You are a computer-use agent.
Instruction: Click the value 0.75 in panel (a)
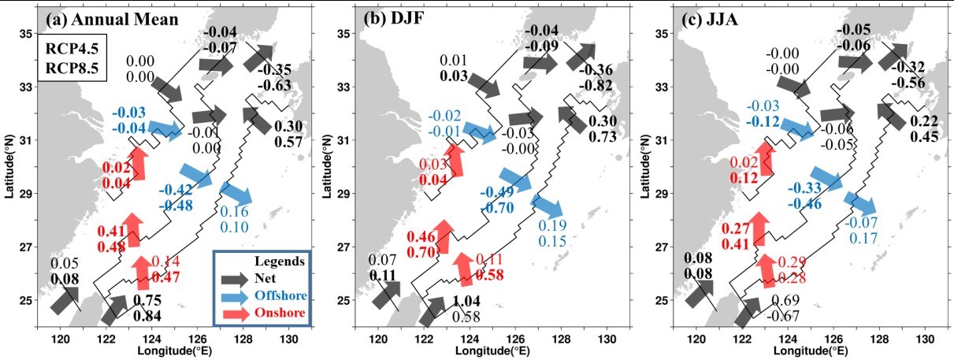149,301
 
